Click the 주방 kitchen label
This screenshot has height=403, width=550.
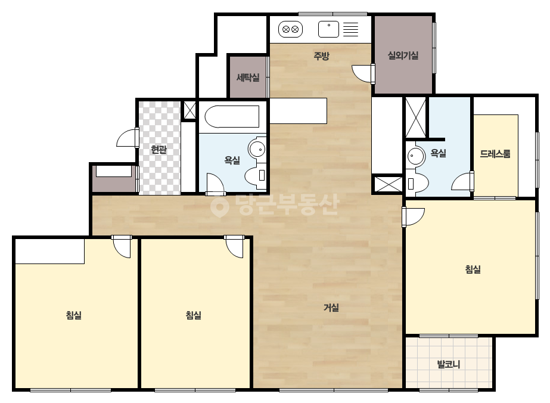[x=321, y=56]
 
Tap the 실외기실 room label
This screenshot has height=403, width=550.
[x=403, y=55]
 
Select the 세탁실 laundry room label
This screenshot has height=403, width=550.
[x=248, y=77]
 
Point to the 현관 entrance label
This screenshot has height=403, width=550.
[x=159, y=150]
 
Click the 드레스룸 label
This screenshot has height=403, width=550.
[x=495, y=154]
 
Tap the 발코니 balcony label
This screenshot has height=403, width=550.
[x=449, y=364]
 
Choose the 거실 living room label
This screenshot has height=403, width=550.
[x=331, y=308]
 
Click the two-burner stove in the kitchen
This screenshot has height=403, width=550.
[x=290, y=29]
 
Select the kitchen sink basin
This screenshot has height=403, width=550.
[x=329, y=29]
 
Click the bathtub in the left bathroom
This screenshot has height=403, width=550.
[x=232, y=116]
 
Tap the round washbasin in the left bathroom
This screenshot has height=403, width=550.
[x=257, y=148]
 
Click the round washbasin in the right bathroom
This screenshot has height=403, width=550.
[x=416, y=156]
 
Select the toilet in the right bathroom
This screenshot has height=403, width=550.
[x=417, y=182]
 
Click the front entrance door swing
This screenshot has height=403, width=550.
[x=127, y=138]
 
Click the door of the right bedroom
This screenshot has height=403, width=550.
[x=412, y=217]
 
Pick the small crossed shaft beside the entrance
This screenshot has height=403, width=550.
[x=189, y=110]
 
